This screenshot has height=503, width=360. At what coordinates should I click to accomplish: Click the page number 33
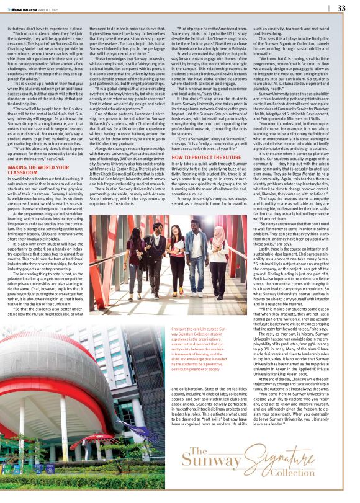coord(341,8)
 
